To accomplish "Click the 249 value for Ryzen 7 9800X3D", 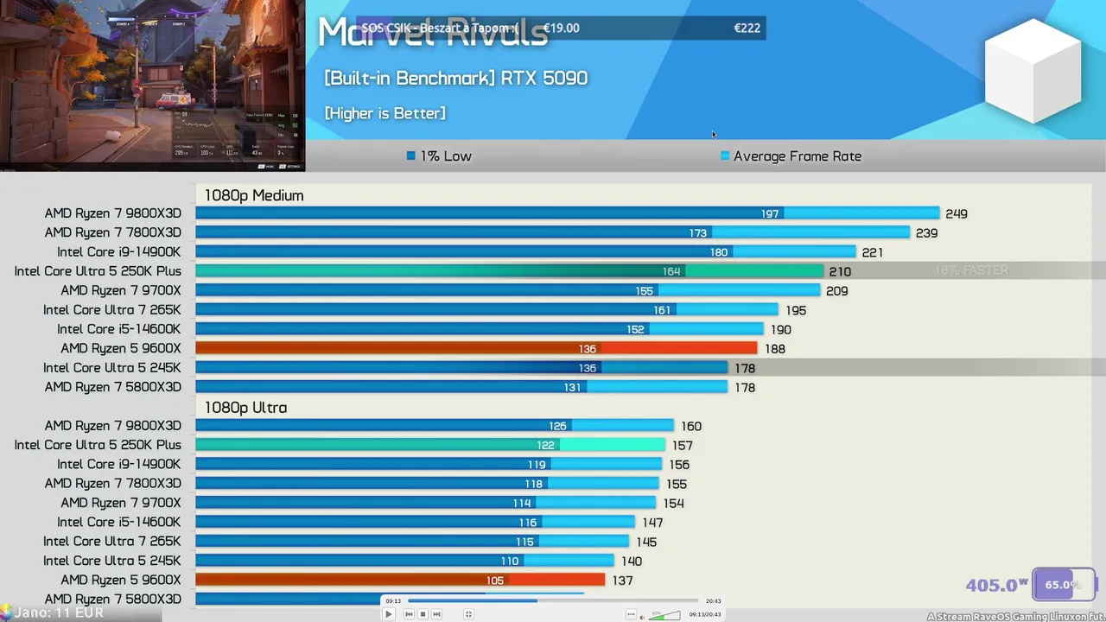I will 956,213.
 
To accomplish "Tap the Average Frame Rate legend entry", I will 791,156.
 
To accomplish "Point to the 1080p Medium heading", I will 254,195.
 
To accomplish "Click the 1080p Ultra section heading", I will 245,407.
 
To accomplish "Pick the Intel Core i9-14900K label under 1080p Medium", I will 119,251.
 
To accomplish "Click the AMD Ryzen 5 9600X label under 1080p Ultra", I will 121,580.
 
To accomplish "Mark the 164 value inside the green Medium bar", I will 671,271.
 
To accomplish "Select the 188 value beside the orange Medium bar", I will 774,349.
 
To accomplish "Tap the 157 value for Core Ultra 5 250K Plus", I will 682,445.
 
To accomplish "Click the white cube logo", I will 1033,71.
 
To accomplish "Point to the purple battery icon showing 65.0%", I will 1064,584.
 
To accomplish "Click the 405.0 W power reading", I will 996,585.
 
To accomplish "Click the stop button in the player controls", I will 423,614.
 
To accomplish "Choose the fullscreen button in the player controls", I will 468,614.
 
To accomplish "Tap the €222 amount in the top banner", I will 747,28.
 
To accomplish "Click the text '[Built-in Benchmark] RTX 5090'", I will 455,78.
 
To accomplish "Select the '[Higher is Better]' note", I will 385,113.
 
